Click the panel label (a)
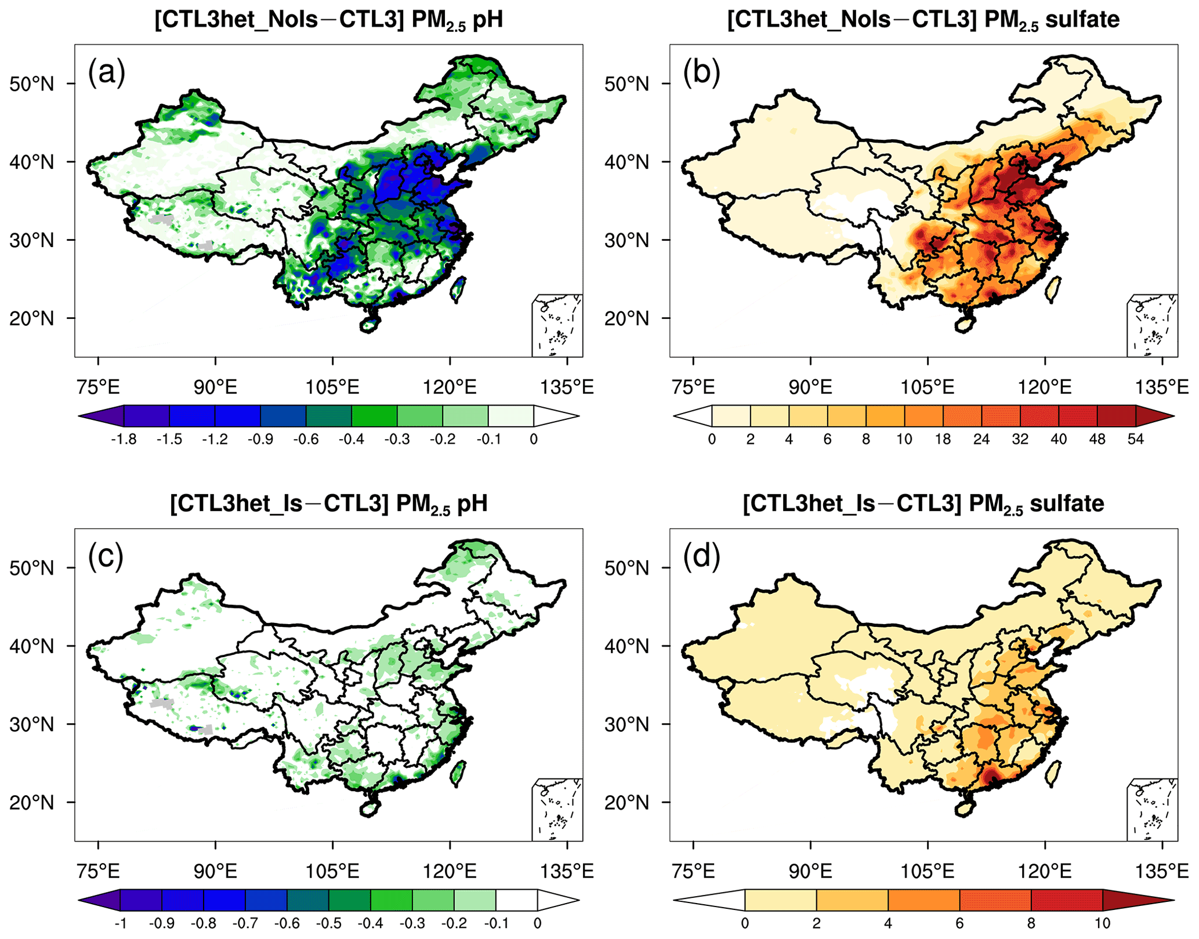coord(106,74)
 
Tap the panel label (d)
coord(701,557)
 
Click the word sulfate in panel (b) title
coord(1082,20)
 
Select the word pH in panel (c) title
coord(472,503)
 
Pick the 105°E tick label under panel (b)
coord(928,387)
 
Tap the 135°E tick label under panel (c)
coord(567,871)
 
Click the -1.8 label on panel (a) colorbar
coord(123,440)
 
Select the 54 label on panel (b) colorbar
coord(1135,440)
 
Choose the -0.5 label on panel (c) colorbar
coord(328,923)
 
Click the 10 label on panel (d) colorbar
coord(1102,923)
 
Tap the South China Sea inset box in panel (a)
coord(557,325)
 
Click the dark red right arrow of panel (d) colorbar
coord(1137,900)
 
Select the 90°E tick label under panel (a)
coord(215,387)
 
